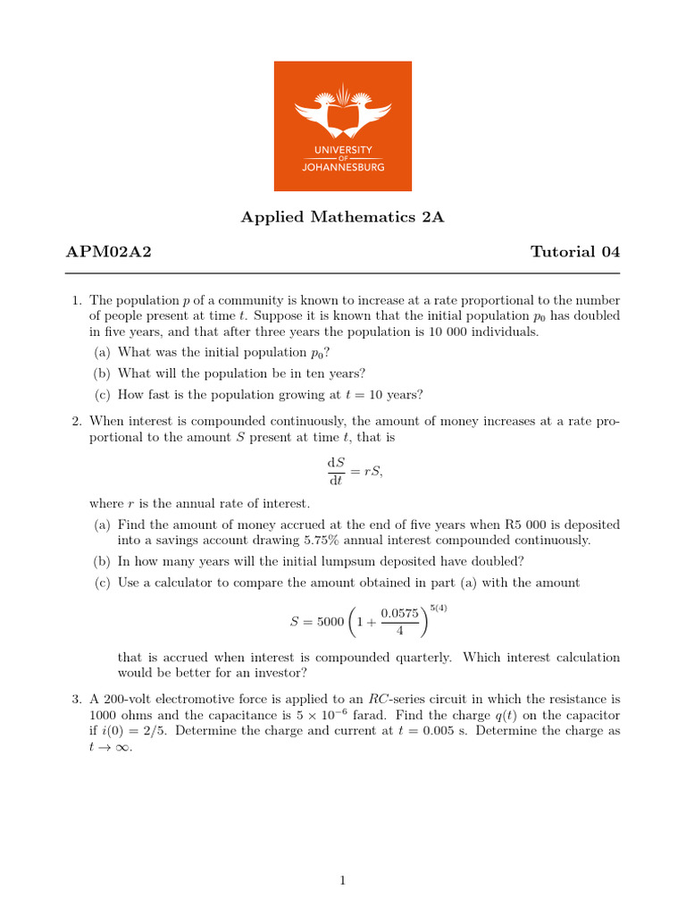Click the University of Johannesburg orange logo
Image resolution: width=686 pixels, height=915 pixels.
[342, 125]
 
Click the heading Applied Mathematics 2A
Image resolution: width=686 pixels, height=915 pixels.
[342, 217]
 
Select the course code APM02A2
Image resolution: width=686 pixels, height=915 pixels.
[108, 252]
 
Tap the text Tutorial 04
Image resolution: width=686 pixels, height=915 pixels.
[575, 252]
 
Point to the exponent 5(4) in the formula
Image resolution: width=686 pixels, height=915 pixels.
[438, 609]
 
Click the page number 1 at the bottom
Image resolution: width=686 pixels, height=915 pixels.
[342, 881]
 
